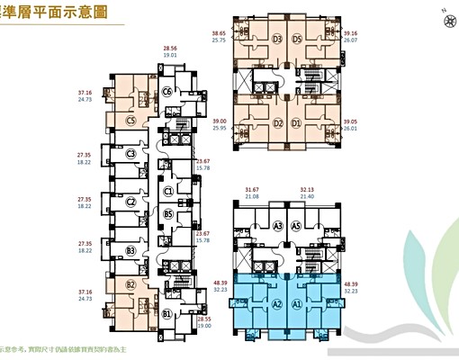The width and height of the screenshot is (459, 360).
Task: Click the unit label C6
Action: click(x=166, y=91)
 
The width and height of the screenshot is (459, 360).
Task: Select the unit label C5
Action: click(x=130, y=119)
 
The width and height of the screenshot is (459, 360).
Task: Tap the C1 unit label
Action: click(x=168, y=191)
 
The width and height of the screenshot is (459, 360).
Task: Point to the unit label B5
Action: click(x=168, y=213)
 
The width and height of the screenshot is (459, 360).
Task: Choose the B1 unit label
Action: click(x=166, y=313)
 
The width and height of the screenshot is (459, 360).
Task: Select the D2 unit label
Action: click(x=279, y=123)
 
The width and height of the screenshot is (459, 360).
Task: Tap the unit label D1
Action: click(x=321, y=123)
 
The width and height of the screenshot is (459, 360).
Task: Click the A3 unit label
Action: click(x=279, y=226)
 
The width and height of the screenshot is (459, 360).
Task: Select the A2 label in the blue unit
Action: click(x=277, y=305)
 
